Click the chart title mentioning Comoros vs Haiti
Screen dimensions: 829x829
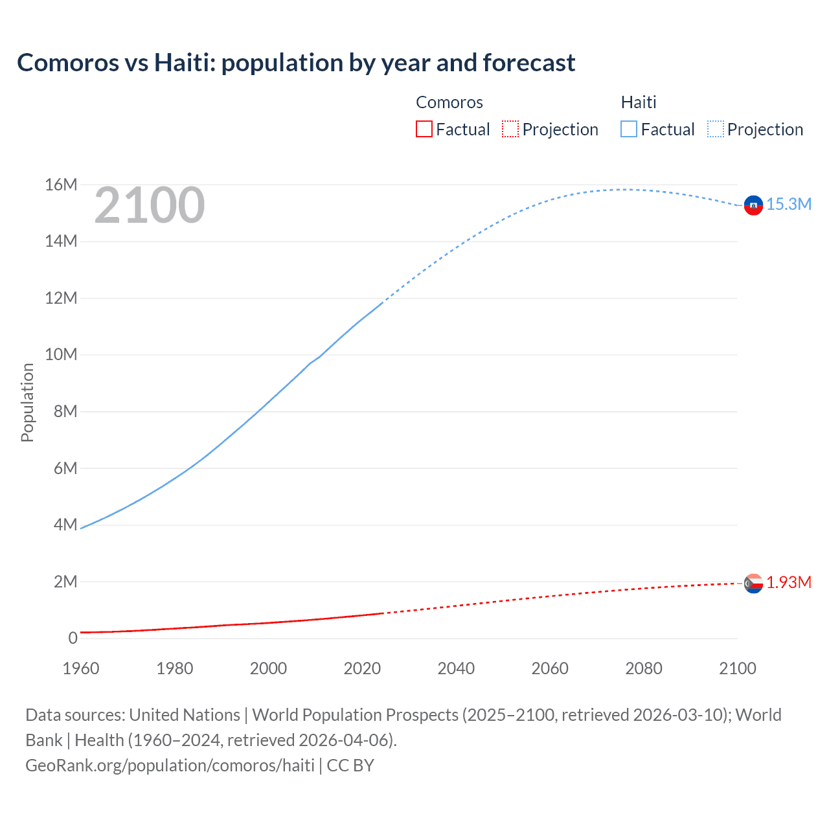point(296,63)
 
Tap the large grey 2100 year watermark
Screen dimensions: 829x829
point(150,205)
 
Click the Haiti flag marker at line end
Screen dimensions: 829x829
point(753,205)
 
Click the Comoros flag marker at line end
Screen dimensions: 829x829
point(753,584)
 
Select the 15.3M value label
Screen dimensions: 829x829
point(789,205)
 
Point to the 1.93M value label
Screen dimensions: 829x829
point(789,583)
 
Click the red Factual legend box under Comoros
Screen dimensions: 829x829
point(424,130)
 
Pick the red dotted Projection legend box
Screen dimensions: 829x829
point(510,130)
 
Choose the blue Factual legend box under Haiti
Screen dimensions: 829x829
point(629,130)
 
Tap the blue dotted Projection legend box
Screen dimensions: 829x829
point(716,130)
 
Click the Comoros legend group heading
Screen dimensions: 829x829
point(449,102)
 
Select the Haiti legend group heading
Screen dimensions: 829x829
point(639,102)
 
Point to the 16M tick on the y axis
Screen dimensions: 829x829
point(61,185)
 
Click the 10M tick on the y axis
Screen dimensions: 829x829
point(61,355)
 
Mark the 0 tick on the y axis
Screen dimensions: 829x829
point(73,639)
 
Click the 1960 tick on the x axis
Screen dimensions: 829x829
point(81,668)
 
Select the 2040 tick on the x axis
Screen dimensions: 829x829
point(456,668)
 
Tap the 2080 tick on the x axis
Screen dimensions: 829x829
point(644,668)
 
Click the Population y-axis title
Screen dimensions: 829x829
point(27,402)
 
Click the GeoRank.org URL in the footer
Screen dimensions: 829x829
point(170,766)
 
